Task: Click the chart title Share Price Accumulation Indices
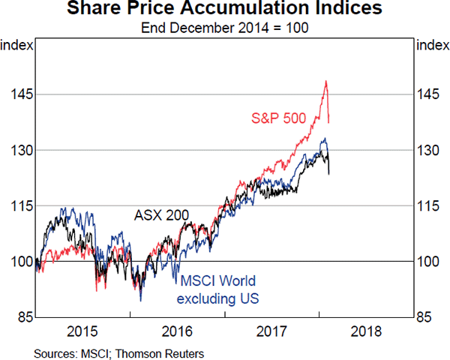(x=225, y=10)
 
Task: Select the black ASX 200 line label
(x=161, y=215)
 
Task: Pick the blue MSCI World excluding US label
(x=216, y=291)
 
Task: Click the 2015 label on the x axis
(x=82, y=331)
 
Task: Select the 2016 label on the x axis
(x=178, y=331)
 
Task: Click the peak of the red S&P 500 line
(x=326, y=81)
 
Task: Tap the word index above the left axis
(x=16, y=45)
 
